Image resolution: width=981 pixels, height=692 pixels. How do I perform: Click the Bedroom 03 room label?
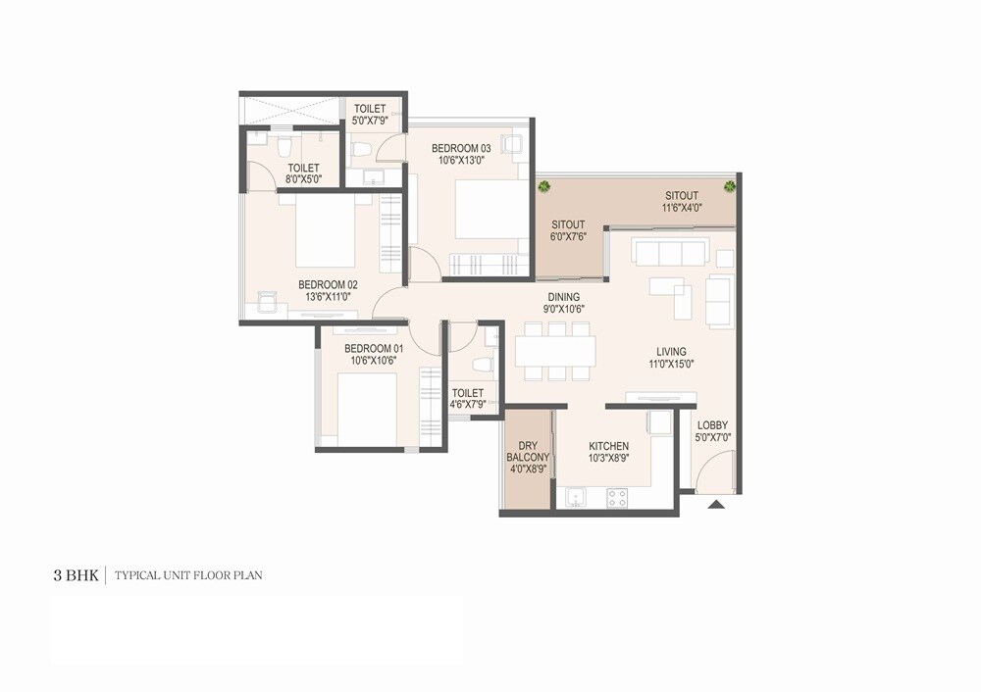pos(461,148)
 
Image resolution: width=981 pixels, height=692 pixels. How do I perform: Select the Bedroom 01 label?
pos(373,349)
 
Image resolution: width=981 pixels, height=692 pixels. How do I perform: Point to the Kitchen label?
pos(609,446)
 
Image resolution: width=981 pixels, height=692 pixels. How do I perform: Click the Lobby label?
pos(712,424)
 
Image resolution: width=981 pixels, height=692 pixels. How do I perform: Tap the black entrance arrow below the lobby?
pos(716,505)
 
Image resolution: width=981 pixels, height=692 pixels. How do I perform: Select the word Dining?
pos(563,297)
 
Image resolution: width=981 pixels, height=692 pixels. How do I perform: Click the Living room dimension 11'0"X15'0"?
pos(671,364)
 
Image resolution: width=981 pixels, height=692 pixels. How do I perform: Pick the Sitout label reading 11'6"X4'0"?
pos(681,208)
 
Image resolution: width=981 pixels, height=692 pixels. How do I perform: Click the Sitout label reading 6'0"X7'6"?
pos(569,236)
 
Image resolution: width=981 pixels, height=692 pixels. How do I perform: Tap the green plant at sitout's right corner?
pos(729,186)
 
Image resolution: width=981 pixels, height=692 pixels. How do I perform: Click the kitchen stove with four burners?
pos(617,497)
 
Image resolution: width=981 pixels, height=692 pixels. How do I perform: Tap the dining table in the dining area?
pos(555,350)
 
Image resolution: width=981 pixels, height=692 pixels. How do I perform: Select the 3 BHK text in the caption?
pos(76,575)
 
